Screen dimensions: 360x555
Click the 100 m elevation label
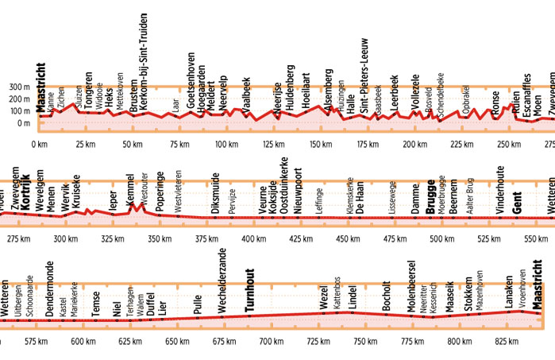coord(17,111)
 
